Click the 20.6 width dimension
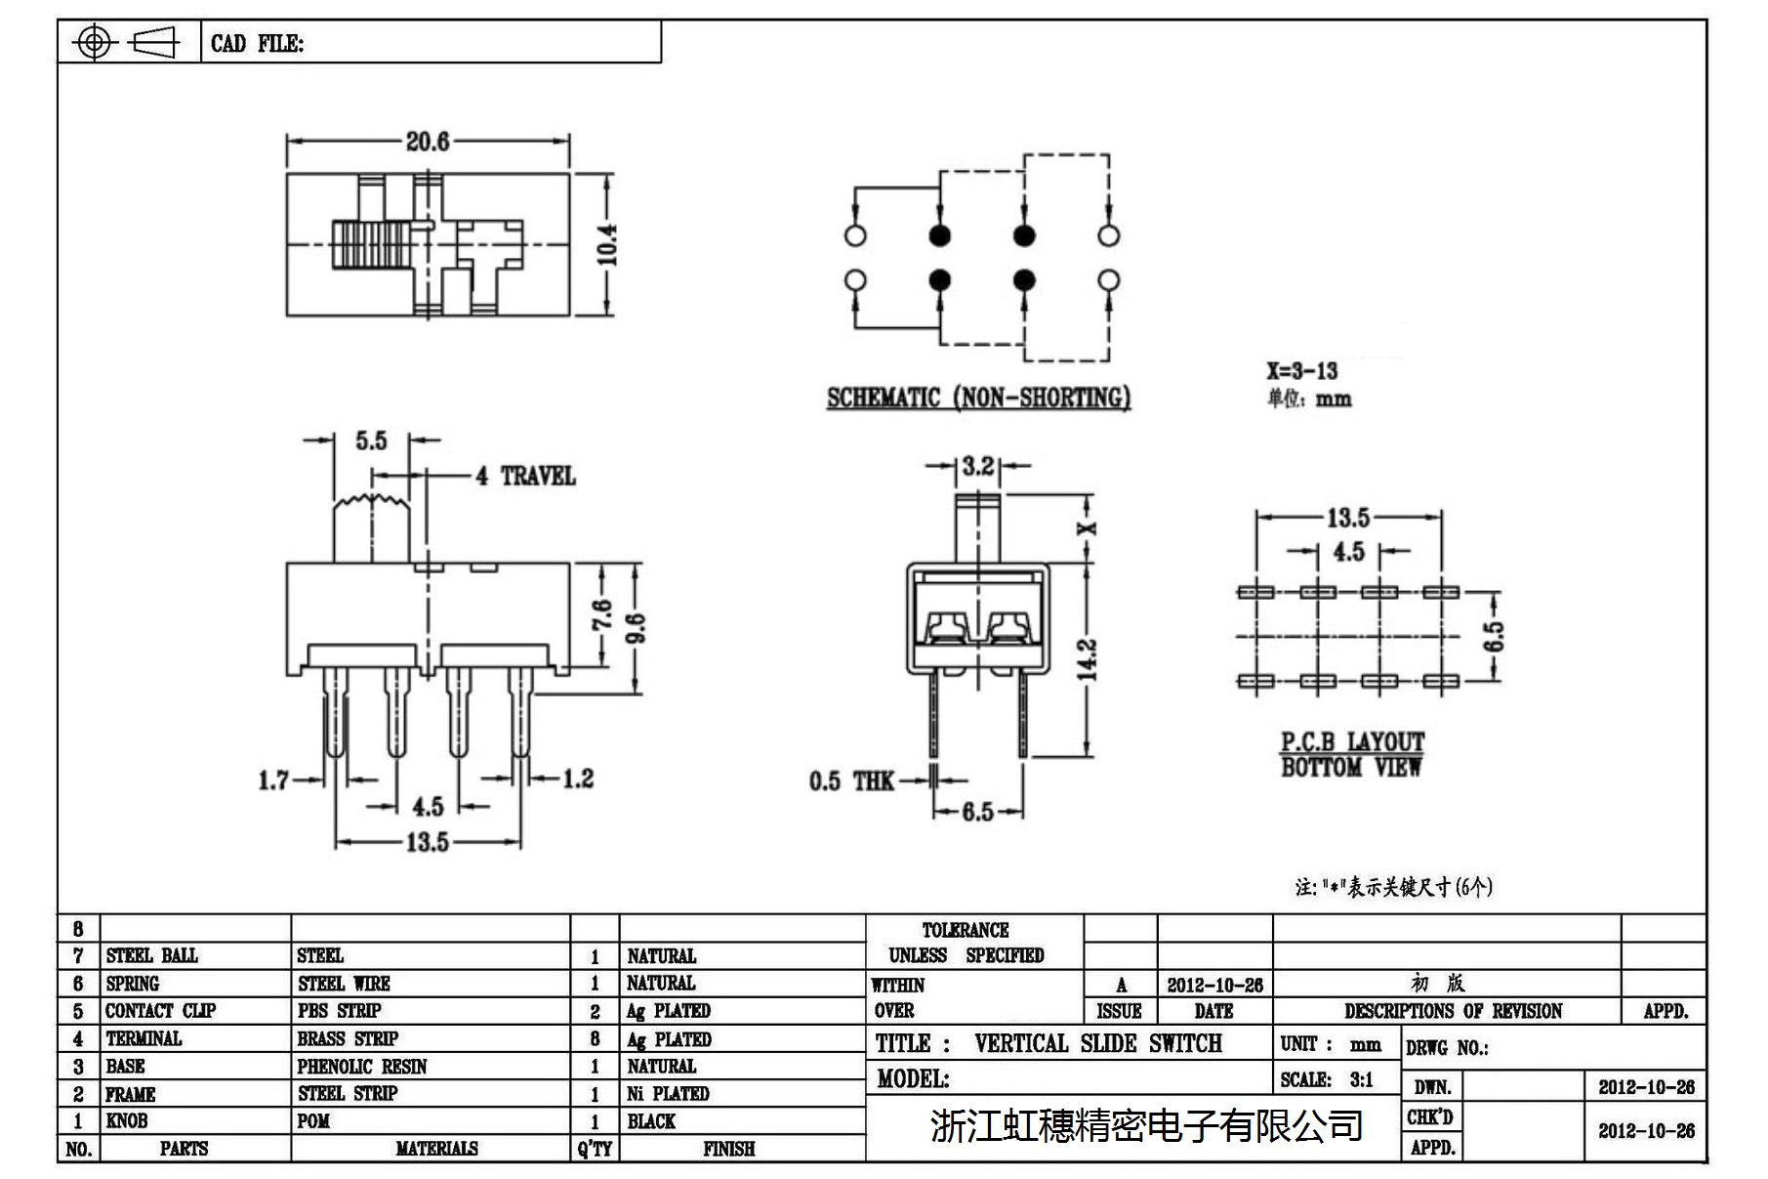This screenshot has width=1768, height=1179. click(x=428, y=142)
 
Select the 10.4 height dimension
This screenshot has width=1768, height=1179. click(x=606, y=244)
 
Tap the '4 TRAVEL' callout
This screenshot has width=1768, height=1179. click(x=525, y=477)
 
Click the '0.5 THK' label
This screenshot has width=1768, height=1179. click(x=850, y=781)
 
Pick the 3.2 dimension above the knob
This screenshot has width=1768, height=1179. click(x=977, y=466)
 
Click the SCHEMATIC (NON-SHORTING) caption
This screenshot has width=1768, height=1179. click(x=978, y=398)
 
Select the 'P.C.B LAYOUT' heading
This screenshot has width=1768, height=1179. click(x=1352, y=742)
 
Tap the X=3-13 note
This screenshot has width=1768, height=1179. click(x=1302, y=371)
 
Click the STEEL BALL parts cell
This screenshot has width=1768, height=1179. click(x=151, y=955)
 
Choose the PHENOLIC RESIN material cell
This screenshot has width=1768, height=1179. click(x=361, y=1067)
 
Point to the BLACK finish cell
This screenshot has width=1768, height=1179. click(x=651, y=1121)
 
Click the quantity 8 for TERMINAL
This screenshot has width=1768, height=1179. click(x=595, y=1039)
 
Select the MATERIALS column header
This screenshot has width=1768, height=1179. click(x=436, y=1149)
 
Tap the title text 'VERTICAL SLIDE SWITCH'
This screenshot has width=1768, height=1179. click(x=1097, y=1043)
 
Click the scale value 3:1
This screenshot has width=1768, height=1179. click(x=1361, y=1080)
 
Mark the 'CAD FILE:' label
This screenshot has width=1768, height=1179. click(x=257, y=44)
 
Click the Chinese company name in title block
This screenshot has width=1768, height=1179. click(x=1146, y=1126)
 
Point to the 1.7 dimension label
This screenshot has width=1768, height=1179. click(x=273, y=780)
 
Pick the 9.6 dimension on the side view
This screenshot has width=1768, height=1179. click(x=635, y=628)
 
